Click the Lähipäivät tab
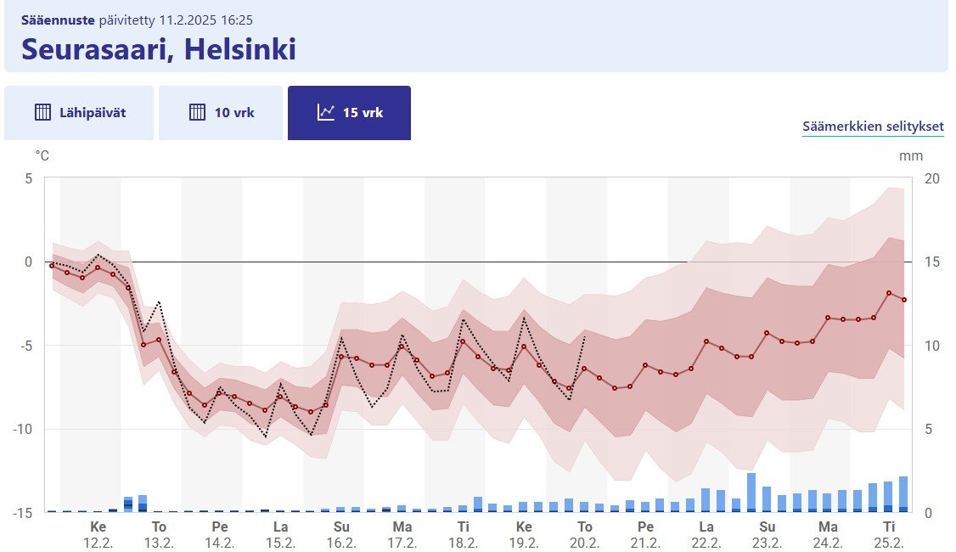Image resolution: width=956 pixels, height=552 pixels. (80, 112)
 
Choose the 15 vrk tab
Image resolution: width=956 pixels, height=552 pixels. (349, 112)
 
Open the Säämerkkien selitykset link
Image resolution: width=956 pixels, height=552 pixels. (873, 127)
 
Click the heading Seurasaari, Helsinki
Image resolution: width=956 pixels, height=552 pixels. (159, 48)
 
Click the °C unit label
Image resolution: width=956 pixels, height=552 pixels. (42, 155)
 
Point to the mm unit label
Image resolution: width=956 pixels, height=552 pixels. (911, 155)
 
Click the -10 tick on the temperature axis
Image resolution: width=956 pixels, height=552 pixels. (23, 429)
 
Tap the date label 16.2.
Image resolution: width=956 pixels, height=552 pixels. (341, 543)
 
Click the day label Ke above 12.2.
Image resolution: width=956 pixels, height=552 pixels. (98, 527)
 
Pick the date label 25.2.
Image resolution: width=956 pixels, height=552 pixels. (889, 543)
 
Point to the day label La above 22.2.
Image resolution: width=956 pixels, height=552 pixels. (706, 527)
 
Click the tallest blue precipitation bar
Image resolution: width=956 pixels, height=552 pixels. (751, 493)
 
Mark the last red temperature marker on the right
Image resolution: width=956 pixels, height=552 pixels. (904, 300)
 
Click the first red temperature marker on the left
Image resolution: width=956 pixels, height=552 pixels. (52, 266)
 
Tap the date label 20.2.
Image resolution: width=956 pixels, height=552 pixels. (585, 543)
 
